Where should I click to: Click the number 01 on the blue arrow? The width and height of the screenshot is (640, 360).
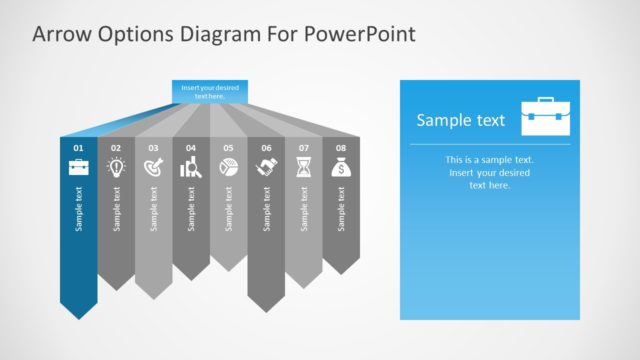78,148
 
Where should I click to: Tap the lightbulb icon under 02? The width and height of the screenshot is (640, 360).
116,168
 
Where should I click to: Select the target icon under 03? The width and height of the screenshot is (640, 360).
153,168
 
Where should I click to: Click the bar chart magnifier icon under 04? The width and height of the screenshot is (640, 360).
191,168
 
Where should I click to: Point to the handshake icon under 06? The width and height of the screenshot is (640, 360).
266,168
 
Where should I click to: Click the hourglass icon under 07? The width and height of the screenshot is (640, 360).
303,168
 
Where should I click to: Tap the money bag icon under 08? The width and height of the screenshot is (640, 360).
341,168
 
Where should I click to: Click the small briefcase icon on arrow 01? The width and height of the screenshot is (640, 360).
78,167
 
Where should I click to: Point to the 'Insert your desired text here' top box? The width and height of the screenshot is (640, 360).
210,91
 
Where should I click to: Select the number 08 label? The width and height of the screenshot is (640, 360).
341,148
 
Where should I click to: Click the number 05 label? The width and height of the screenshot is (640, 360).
228,148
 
